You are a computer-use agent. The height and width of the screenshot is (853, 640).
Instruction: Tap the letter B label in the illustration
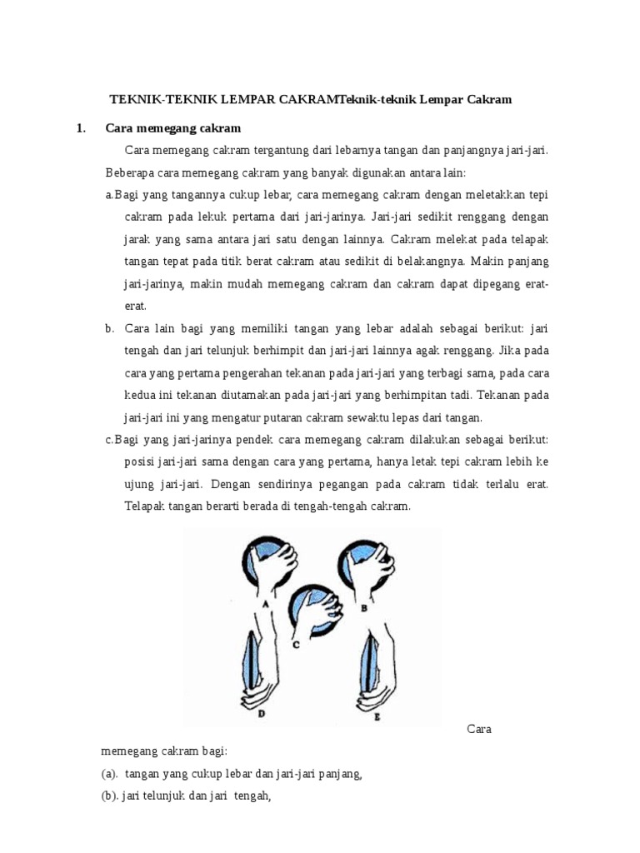click(365, 609)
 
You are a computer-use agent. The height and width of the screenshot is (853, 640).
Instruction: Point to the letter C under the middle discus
click(297, 643)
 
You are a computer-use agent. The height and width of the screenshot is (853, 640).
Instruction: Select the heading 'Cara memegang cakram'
click(173, 128)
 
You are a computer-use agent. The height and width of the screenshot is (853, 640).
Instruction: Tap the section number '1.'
click(81, 128)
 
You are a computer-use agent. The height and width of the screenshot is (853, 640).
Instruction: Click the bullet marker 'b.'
click(109, 328)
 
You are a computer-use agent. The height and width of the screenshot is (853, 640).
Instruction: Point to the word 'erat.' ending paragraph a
click(135, 306)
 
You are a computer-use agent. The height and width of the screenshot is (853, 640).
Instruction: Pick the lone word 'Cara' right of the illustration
click(479, 730)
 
